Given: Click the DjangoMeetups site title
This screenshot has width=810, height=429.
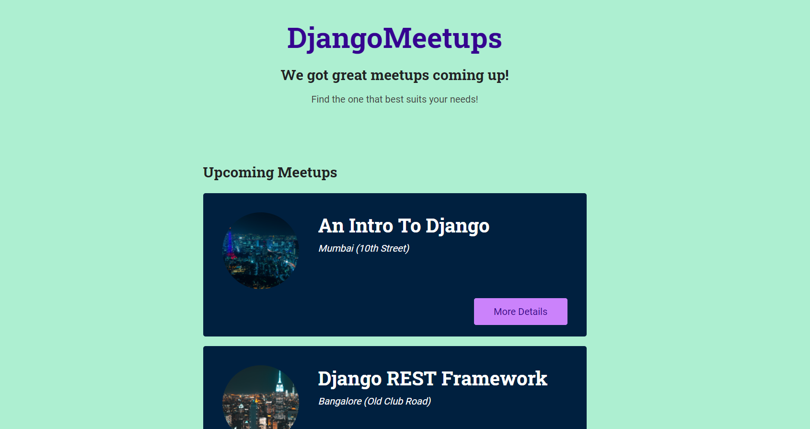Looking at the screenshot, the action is coord(394,38).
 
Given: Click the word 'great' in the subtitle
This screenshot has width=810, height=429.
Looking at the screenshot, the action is coord(349,76).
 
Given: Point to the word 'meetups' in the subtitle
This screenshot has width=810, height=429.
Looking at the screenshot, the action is coord(400,76).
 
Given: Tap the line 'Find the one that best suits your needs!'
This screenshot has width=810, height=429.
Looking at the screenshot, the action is coord(394,99).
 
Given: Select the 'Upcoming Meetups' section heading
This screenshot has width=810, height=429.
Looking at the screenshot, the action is coord(270,173).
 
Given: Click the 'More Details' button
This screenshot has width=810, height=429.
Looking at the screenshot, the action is coord(521,312).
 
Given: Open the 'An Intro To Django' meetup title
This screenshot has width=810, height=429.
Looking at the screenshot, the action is coord(404,226).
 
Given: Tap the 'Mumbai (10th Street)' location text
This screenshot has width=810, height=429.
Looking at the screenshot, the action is coord(364,248).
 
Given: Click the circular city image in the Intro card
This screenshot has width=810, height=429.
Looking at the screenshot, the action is coord(260,250).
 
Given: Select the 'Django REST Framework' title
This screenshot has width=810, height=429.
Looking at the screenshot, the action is coord(432,379).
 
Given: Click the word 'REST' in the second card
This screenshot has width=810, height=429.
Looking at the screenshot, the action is coord(411,379).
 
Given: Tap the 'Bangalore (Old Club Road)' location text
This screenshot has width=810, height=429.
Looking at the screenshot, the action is coord(375,402).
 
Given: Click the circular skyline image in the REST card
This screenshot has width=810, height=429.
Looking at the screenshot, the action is coord(260,397).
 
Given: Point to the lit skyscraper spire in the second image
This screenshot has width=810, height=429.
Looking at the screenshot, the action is coord(279,382).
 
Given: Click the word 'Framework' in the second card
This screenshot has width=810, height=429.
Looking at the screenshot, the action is coord(494,379).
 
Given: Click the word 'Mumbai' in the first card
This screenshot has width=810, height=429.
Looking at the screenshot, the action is coord(336,248).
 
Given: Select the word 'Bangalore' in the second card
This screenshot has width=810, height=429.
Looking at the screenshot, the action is coord(339,402).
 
